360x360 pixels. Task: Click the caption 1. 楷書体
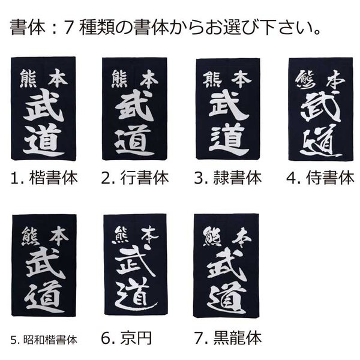(x=44, y=178)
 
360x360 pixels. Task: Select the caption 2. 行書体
(x=135, y=178)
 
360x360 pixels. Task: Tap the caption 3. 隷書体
(x=228, y=178)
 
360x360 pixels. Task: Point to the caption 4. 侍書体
(x=320, y=178)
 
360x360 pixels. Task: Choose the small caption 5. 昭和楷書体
(x=44, y=340)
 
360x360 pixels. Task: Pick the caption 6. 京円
(x=126, y=338)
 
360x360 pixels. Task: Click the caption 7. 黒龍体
(x=228, y=338)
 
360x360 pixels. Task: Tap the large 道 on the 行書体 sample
(x=134, y=140)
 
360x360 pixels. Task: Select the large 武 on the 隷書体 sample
(x=229, y=105)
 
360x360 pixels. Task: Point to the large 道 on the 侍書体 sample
(x=320, y=141)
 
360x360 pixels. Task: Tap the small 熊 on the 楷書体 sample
(x=28, y=79)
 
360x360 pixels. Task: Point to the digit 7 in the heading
(x=68, y=28)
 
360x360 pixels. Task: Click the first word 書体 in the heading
(x=28, y=27)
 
